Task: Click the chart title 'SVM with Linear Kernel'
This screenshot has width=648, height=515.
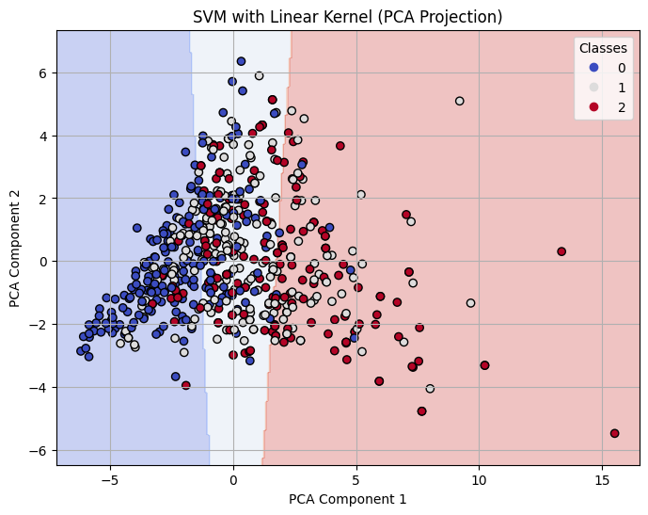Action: [347, 17]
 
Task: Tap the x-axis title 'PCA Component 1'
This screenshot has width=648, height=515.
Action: [347, 499]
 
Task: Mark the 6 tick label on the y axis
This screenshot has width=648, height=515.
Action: [42, 72]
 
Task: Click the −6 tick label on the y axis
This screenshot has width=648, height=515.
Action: [39, 450]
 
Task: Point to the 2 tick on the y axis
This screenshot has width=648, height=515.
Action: [42, 199]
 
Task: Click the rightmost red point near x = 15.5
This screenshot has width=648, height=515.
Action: [614, 433]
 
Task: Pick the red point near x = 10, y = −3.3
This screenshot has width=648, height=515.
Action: [484, 365]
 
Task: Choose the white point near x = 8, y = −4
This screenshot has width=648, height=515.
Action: [430, 388]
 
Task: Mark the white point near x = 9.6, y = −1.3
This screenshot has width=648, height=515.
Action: [470, 302]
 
